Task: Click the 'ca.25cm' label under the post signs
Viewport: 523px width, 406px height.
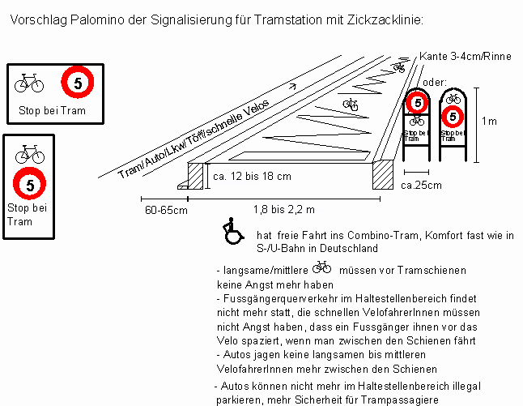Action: (x=422, y=185)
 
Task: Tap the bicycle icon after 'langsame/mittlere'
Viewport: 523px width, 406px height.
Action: (x=321, y=267)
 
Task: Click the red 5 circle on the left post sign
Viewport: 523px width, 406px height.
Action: (x=416, y=103)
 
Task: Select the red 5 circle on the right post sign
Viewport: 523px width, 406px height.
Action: (x=453, y=117)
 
